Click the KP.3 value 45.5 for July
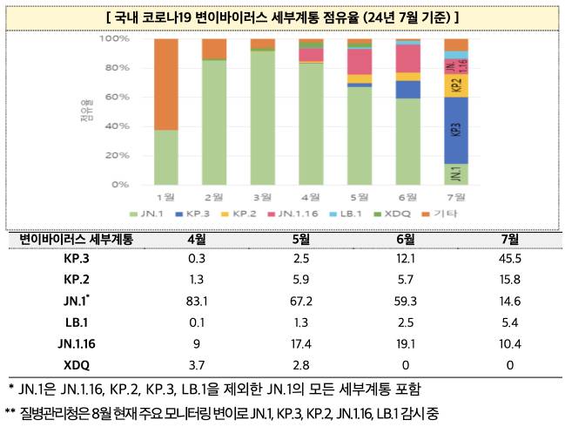pos(510,259)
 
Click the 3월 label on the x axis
pos(262,198)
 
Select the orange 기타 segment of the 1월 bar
pos(165,84)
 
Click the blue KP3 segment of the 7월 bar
pos(455,131)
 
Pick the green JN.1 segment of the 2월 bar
pos(214,122)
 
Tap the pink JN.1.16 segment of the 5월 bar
pos(359,61)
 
